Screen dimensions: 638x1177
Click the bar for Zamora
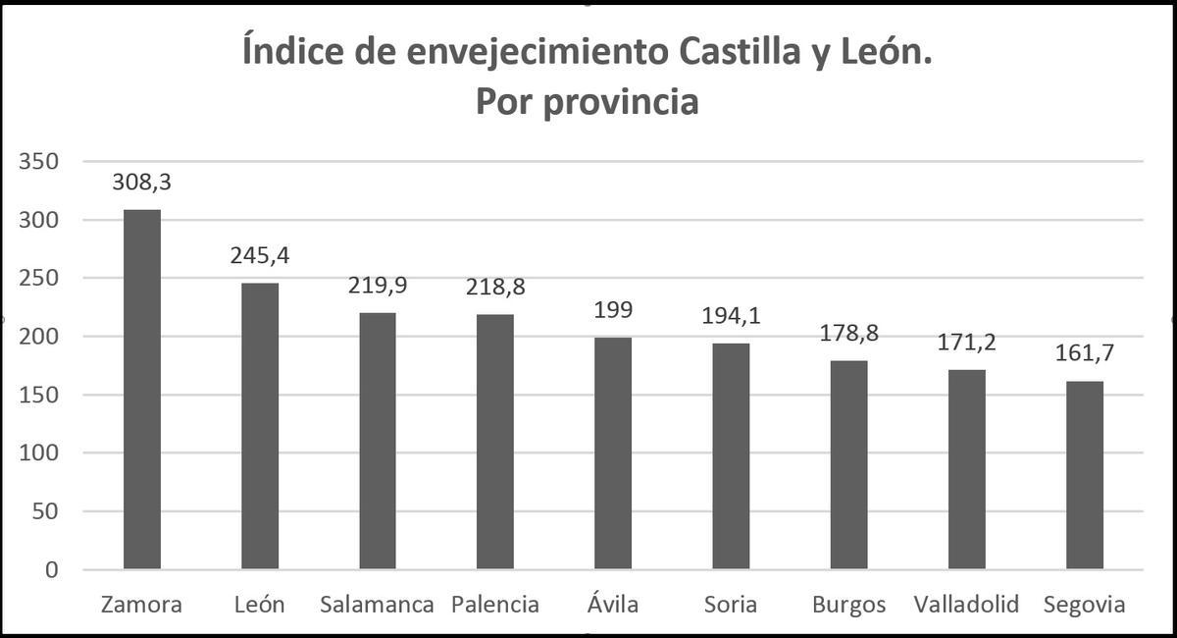coord(141,389)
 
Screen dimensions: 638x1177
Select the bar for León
coord(260,426)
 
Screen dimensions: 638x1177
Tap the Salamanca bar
coord(378,441)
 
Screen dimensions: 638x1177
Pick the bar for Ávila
coord(613,452)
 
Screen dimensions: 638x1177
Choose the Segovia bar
coord(1085,475)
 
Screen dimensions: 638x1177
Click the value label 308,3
coord(142,182)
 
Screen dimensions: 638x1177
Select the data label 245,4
coord(260,255)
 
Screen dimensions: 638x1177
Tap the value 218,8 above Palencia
coord(495,287)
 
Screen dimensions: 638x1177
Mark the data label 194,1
coord(731,316)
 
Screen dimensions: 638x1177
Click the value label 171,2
coord(967,343)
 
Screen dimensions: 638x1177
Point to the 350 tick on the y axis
coord(39,162)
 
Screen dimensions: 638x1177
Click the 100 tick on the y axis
coord(39,453)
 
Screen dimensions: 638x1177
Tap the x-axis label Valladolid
coord(966,605)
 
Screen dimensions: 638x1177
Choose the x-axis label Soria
coord(730,605)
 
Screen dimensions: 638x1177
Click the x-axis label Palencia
coord(495,605)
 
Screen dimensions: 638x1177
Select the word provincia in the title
coord(622,102)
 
